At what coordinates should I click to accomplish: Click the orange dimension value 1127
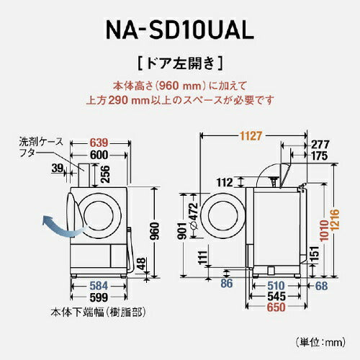coord(251,134)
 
